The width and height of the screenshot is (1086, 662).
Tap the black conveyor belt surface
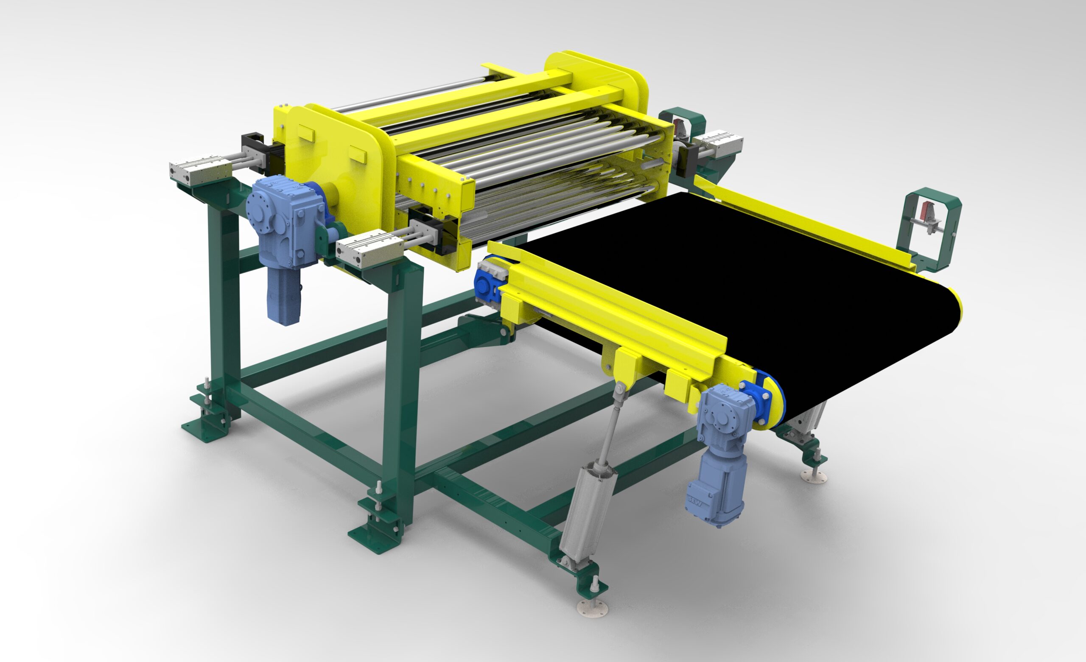click(740, 282)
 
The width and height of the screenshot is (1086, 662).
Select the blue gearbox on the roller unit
click(286, 221)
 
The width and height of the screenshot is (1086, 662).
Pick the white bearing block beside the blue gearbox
click(370, 250)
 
